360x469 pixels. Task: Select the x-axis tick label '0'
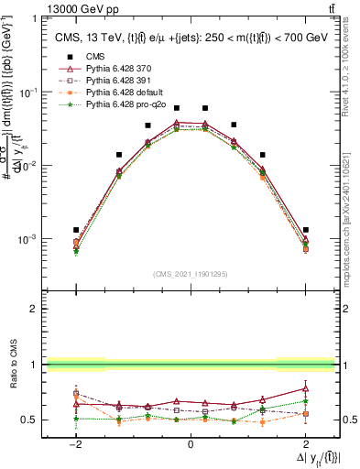click(191, 443)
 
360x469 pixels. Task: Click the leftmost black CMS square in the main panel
click(76, 230)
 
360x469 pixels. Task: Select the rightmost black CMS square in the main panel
click(305, 230)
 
